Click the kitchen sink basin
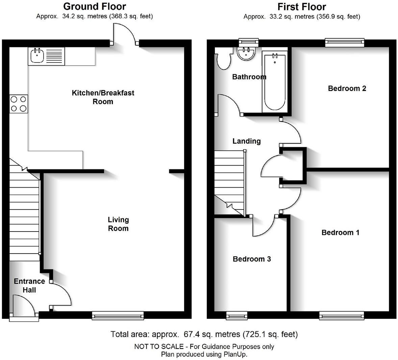coord(37,56)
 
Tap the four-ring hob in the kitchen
coord(19,104)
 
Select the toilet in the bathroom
coord(223,58)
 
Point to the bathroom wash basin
coord(246,53)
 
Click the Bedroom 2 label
coord(347,88)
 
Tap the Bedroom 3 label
coord(252,259)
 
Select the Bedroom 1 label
coord(340,233)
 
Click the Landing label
coord(246,141)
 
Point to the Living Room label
coord(118,224)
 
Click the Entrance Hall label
coord(29,286)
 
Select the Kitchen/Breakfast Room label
coord(103,97)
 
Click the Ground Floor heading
coord(94,6)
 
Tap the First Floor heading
coord(302,7)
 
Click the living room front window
coord(118,316)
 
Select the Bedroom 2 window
coord(345,42)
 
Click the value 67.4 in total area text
coord(190,334)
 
